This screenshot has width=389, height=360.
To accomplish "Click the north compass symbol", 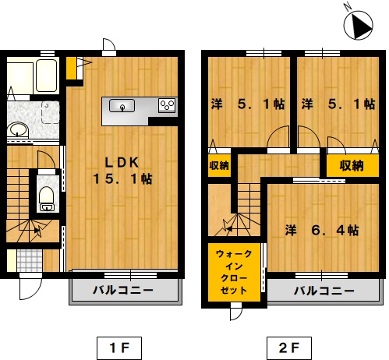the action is [x=358, y=25].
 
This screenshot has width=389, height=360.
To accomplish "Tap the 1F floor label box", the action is [x=119, y=348].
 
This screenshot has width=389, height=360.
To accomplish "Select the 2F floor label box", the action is [x=289, y=348].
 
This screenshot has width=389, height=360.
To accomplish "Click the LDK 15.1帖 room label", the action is [x=122, y=171].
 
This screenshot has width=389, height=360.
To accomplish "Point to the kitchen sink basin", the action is [x=122, y=106].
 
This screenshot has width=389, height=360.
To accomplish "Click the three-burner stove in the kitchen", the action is [x=168, y=105].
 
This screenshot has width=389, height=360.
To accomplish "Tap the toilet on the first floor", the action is [x=46, y=198].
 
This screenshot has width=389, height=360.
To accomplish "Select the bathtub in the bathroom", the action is [x=46, y=76].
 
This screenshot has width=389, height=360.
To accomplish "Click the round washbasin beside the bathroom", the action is [x=17, y=129].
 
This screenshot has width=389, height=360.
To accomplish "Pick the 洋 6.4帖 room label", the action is [x=322, y=230].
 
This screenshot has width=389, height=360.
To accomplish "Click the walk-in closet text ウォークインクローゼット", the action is [x=234, y=272].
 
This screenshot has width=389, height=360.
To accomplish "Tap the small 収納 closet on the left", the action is [x=219, y=166].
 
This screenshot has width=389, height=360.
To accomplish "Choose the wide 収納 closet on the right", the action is [x=352, y=166].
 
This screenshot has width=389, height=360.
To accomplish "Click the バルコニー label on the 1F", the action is [x=123, y=290].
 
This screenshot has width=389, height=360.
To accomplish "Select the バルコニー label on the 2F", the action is [x=324, y=291].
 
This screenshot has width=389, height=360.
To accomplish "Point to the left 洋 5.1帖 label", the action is [x=248, y=104].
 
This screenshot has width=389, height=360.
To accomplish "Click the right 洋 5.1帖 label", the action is [x=338, y=104].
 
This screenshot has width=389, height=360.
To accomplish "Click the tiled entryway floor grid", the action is [x=30, y=260].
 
